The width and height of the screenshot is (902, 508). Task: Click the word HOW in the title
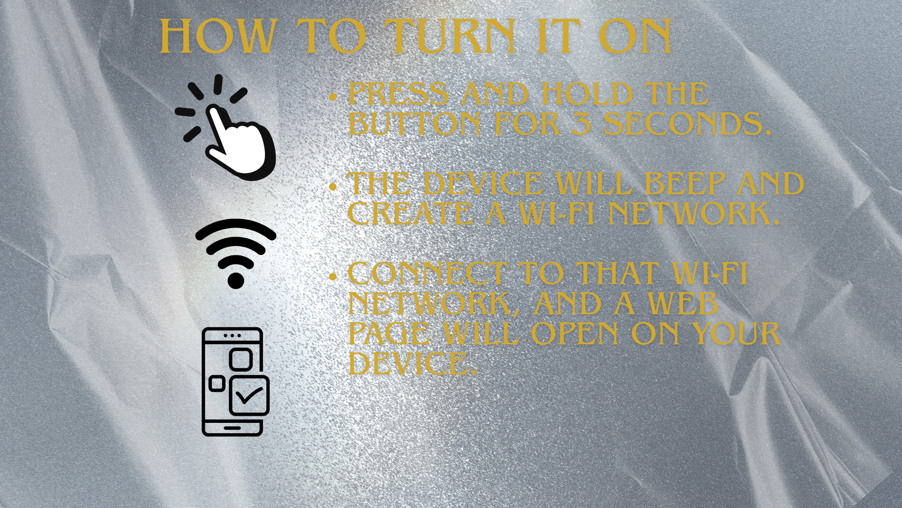217,36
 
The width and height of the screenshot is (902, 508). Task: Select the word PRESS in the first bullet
398,94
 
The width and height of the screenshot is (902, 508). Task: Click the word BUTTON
414,124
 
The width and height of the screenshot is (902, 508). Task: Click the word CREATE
410,214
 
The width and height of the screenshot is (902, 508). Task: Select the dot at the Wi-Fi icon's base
236,280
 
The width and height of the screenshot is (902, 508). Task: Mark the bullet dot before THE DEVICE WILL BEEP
334,187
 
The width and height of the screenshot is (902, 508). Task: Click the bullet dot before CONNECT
334,277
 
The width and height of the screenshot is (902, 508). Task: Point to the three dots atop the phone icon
232,336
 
